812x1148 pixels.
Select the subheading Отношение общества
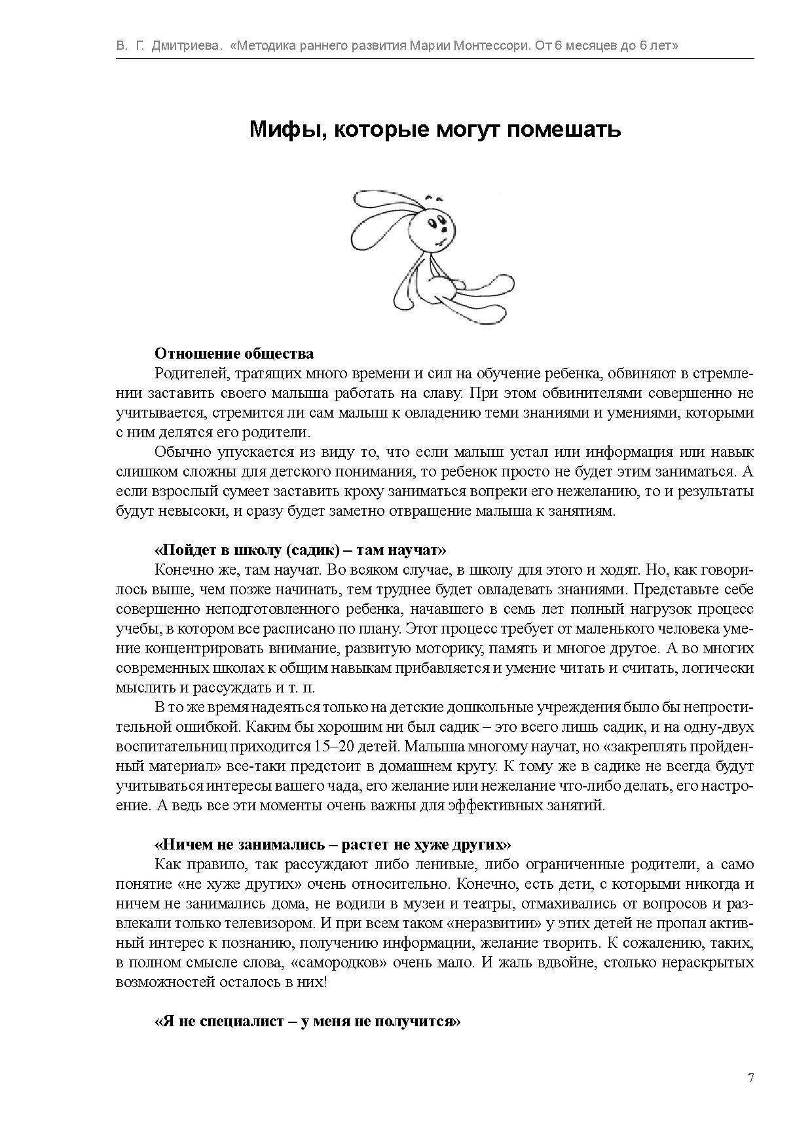click(234, 354)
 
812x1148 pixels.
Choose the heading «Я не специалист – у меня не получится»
click(307, 1021)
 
